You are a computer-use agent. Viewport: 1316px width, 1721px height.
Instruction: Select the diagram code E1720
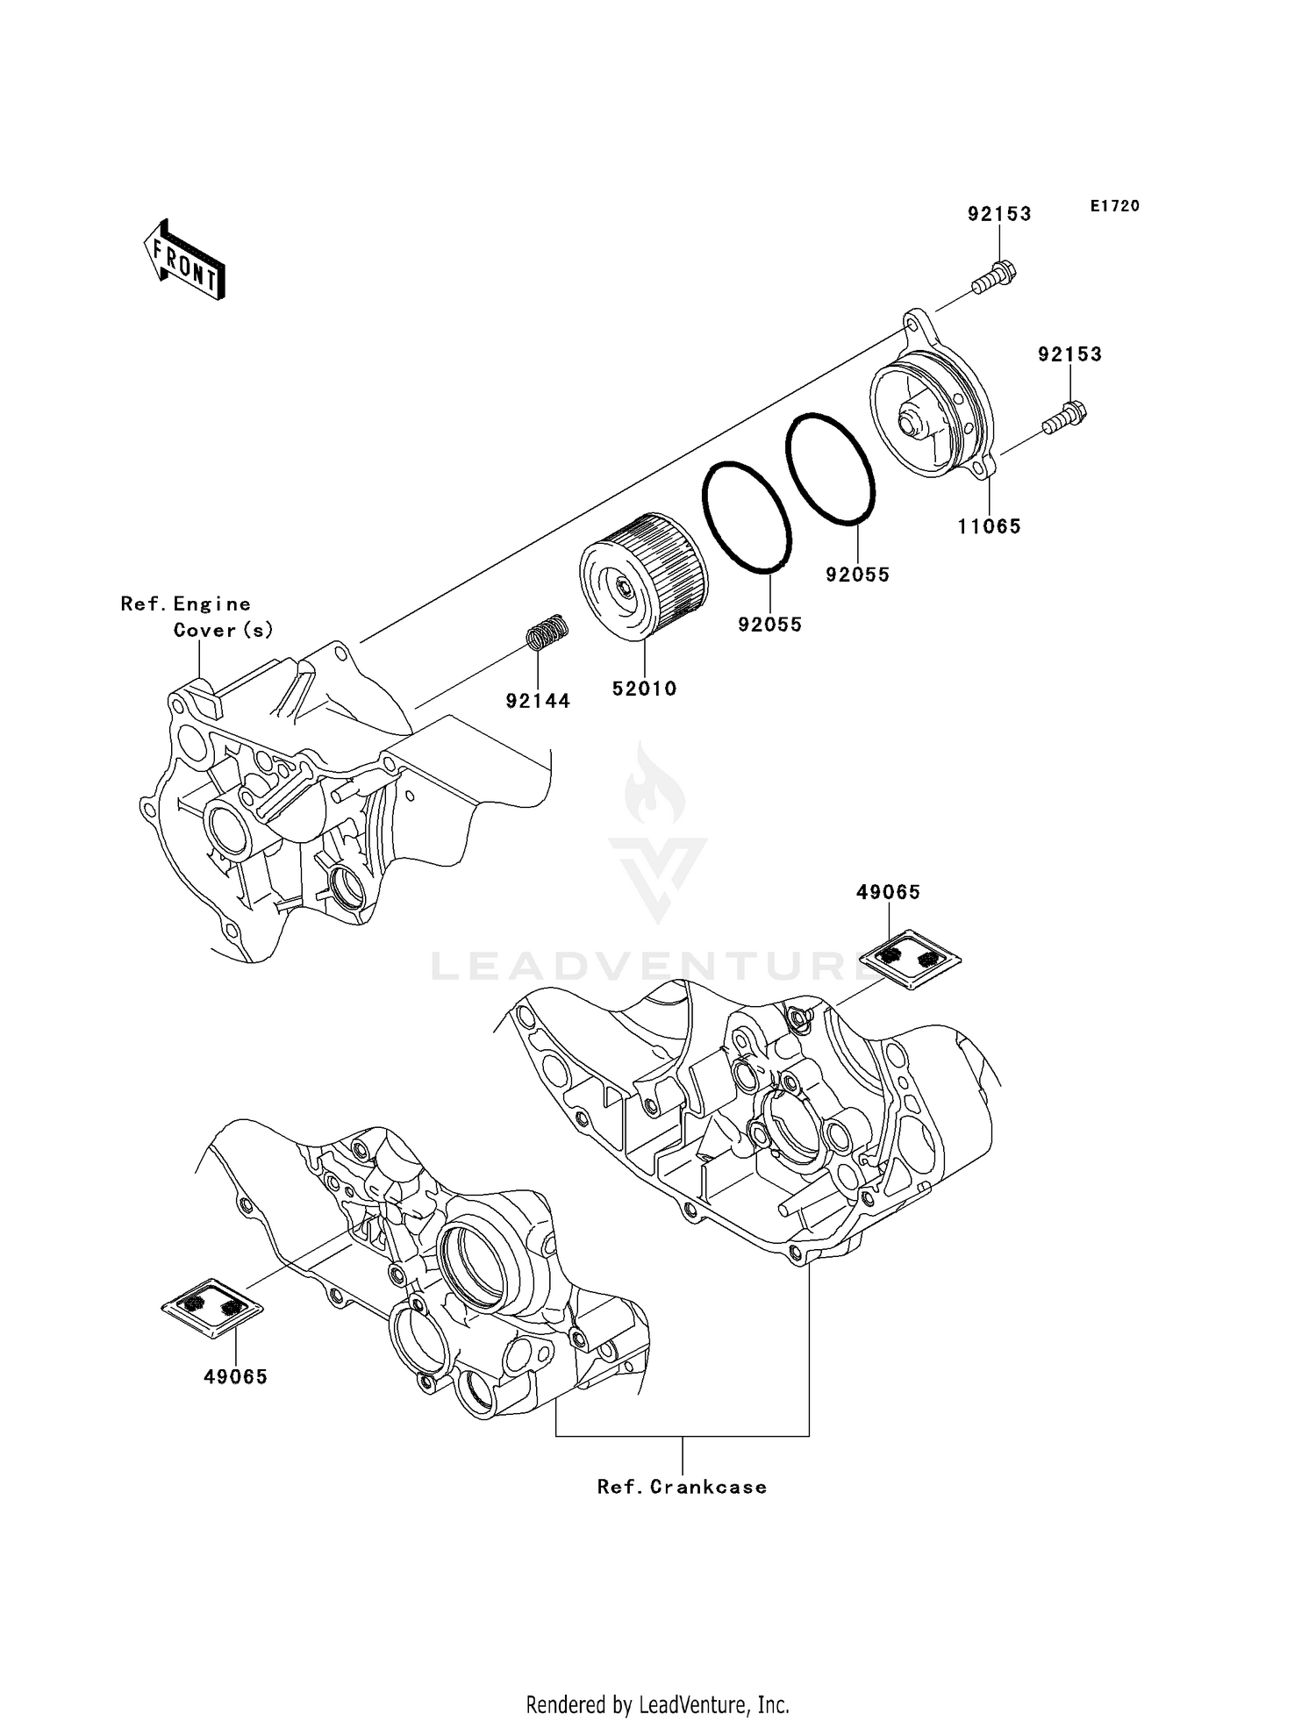1115,206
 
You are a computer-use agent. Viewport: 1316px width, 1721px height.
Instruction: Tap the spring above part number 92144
547,631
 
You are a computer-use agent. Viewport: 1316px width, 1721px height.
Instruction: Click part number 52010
645,689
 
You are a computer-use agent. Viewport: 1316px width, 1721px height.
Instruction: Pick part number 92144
538,701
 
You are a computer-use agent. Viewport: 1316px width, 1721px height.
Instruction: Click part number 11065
989,526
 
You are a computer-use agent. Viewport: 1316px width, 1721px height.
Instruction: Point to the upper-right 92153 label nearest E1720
999,214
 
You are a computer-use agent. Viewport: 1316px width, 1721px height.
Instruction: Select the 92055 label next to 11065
857,575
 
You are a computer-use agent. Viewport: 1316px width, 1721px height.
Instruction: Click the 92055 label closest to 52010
769,625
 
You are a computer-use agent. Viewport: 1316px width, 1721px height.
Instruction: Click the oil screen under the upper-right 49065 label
909,959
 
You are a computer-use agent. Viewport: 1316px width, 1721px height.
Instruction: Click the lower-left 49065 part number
235,1376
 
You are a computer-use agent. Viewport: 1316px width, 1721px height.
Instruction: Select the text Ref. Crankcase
682,1487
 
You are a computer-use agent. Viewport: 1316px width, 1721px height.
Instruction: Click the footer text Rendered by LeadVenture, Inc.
657,1704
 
